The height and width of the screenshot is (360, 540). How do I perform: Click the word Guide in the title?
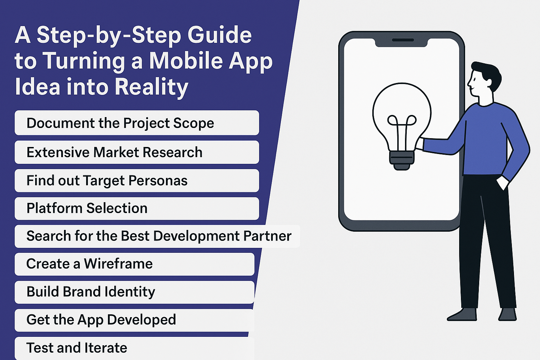click(219, 36)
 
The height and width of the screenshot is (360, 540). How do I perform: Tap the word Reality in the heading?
click(152, 87)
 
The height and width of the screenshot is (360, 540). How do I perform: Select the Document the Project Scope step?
click(137, 123)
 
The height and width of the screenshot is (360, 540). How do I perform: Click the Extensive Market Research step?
click(137, 152)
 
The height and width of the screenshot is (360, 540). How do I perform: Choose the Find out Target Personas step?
click(137, 180)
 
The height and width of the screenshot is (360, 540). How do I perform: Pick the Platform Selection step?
click(137, 208)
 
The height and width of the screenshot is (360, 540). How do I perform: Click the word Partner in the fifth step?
click(267, 236)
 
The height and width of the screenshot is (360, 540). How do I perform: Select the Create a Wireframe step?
click(135, 264)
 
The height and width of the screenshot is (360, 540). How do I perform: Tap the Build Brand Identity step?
click(135, 292)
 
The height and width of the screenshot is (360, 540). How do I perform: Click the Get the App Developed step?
click(134, 320)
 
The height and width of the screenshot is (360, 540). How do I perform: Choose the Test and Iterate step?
click(134, 348)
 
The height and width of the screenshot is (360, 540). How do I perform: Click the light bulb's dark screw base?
click(401, 160)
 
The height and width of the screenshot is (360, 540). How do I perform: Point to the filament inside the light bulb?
click(402, 133)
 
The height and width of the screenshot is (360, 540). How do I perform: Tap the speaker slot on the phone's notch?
click(403, 40)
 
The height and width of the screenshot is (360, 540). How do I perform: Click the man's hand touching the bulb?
click(420, 144)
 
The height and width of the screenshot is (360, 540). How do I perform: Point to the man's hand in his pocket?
click(502, 182)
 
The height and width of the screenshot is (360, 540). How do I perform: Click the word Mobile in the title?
click(186, 61)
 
